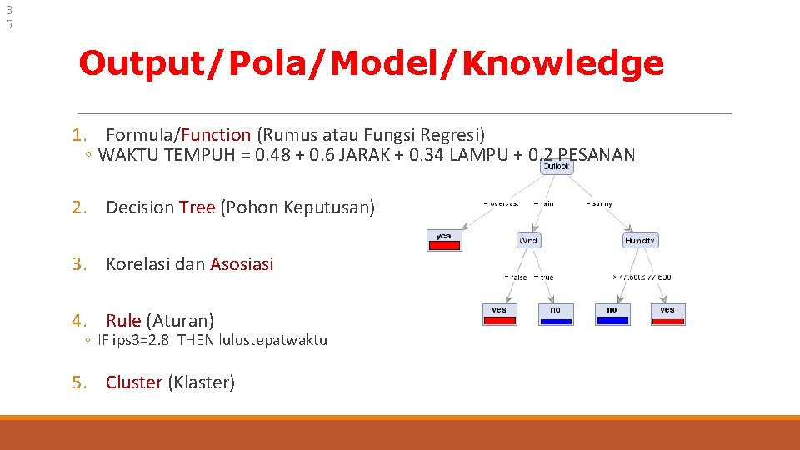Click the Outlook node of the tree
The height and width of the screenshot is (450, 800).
[x=556, y=167]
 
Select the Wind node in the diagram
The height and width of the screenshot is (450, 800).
[x=528, y=240]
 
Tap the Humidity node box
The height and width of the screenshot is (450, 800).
[x=640, y=240]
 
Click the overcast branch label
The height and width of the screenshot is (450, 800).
[x=502, y=203]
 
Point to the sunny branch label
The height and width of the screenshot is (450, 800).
[x=600, y=203]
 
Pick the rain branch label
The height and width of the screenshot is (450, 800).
[x=545, y=203]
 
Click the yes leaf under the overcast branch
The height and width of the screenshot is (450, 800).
[x=444, y=239]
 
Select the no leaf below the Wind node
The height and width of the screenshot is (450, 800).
[x=555, y=313]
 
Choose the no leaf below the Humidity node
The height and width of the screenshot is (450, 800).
[x=612, y=313]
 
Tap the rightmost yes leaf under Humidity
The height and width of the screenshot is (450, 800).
[x=667, y=313]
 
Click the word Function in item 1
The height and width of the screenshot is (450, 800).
[x=216, y=134]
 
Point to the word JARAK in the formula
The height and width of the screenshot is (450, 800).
[x=346, y=155]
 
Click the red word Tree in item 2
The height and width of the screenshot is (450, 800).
[x=197, y=207]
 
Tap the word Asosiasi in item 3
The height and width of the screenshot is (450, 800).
[x=242, y=264]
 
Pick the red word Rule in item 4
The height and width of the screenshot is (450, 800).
[x=123, y=320]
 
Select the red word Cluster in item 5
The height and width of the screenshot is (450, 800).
[x=134, y=382]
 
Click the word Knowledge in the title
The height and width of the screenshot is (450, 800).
[x=562, y=63]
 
